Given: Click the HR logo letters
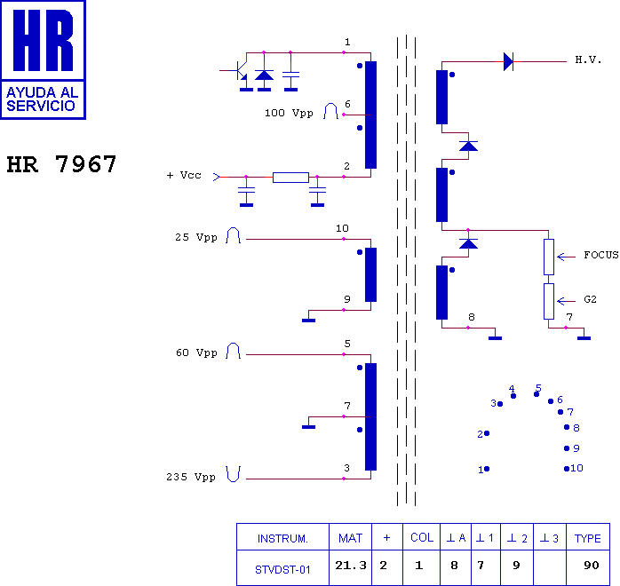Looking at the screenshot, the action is tap(44, 40).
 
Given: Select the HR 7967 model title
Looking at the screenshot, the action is tap(61, 164).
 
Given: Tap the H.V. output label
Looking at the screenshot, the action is tap(588, 60).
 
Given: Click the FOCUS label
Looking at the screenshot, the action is tap(601, 255).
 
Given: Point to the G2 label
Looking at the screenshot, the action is tap(590, 299).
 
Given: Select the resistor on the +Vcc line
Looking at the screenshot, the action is tap(290, 178).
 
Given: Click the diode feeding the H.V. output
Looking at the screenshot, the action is tap(508, 61).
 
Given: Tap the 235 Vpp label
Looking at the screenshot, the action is tap(191, 477).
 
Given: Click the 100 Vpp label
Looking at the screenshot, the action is tap(289, 113).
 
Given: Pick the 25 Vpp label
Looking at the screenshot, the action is tap(196, 237).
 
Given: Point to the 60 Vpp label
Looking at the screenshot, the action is tap(196, 352).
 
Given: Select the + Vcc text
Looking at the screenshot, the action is tap(184, 175).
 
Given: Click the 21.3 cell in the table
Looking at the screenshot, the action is tap(351, 566).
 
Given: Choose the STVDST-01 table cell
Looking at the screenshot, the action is tap(282, 570).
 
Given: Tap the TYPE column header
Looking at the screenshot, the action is tap(587, 539).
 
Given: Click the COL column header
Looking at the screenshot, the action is tap(422, 537).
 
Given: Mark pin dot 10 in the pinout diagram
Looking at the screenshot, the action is tap(567, 469).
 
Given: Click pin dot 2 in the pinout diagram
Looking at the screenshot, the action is tap(487, 433).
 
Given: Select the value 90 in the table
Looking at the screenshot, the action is tap(592, 566).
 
